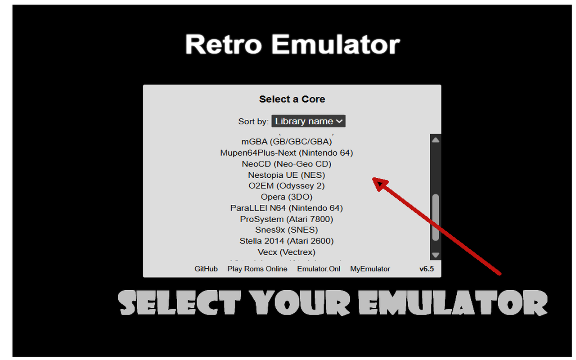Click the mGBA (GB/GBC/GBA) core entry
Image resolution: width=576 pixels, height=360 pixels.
coord(287,142)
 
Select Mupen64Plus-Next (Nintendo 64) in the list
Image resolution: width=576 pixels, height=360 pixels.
coord(287,153)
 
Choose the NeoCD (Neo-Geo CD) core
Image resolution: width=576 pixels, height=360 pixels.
coord(287,164)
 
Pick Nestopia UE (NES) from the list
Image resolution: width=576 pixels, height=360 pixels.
coord(287,175)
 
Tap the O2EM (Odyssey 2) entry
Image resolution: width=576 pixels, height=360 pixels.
coord(287,186)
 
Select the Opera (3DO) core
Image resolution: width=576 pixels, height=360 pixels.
coord(287,197)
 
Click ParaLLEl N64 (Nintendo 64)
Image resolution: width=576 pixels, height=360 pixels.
coord(287,208)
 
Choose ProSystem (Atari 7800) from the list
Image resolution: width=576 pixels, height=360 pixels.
coord(287,219)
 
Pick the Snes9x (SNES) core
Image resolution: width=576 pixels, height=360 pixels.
coord(287,230)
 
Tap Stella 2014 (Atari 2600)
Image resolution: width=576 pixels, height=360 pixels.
coord(287,241)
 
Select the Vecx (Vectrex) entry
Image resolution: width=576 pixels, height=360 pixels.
coord(287,252)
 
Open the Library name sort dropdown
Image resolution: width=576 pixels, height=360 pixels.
coord(308,121)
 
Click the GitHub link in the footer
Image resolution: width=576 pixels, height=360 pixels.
coord(206,269)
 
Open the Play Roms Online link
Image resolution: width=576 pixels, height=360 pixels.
coord(257,269)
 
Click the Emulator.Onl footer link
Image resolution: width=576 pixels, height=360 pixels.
coord(319,269)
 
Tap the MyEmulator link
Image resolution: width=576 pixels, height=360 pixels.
coord(370,269)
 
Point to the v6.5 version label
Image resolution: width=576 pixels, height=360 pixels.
coord(427,269)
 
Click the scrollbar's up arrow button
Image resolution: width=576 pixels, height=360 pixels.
coord(435,140)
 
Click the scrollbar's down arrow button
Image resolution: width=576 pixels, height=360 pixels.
coord(435,255)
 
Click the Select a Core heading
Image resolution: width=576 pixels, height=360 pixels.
coord(292,99)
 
